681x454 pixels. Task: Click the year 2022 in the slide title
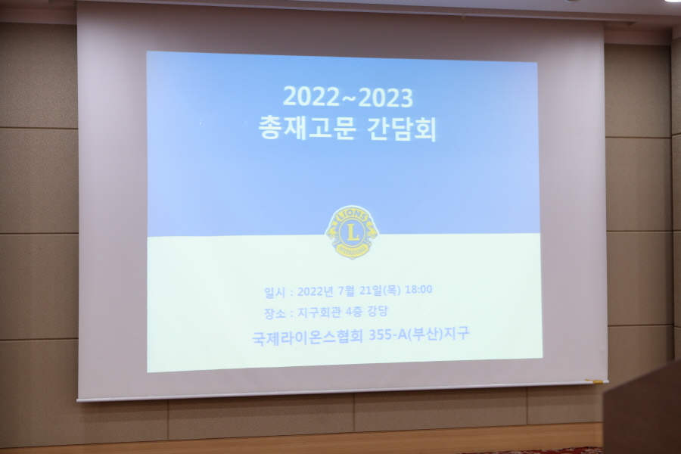(311, 96)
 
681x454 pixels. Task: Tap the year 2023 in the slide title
(386, 98)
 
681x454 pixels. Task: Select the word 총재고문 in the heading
(307, 128)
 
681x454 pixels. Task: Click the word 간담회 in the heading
(402, 129)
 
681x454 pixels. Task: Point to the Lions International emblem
(352, 232)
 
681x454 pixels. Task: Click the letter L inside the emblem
(352, 232)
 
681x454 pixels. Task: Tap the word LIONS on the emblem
(352, 214)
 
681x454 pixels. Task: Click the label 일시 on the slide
(275, 292)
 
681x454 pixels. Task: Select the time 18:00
(418, 289)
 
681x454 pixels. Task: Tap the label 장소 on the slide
(275, 313)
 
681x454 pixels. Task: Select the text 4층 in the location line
(354, 312)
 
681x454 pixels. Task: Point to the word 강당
(378, 311)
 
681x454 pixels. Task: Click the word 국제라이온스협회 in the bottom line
(307, 337)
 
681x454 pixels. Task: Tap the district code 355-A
(387, 335)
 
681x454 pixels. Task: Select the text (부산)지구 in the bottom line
(438, 334)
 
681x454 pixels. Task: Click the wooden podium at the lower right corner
(642, 411)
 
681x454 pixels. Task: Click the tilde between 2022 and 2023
(349, 98)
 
